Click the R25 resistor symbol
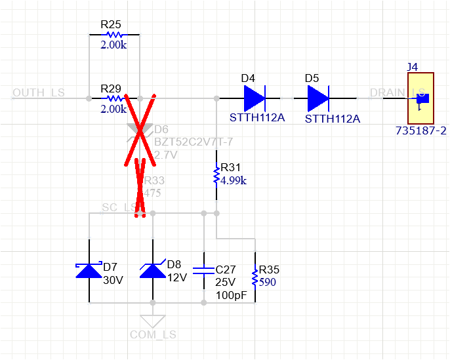(114, 35)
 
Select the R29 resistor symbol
(114, 98)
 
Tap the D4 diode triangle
(254, 99)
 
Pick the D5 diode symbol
(318, 99)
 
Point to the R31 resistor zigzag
(216, 176)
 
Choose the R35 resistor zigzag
(255, 277)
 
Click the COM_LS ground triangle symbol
(153, 321)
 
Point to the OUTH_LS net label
(39, 92)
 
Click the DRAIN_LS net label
(398, 92)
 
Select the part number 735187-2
(420, 131)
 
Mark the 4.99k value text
(234, 180)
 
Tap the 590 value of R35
(268, 283)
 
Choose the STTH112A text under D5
(333, 119)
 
